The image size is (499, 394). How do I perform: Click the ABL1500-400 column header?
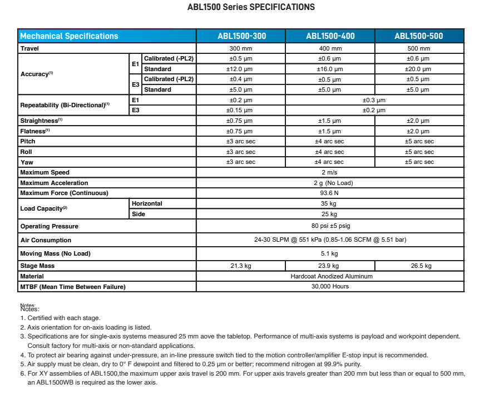330,36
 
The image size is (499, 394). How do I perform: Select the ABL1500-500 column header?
419,36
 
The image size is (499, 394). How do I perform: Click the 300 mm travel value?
241,48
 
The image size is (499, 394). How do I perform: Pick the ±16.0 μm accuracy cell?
330,69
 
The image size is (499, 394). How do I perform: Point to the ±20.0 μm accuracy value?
419,69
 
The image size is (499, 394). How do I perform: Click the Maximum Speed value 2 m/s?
330,172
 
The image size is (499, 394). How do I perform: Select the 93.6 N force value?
330,193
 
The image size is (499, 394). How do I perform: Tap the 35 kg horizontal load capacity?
330,203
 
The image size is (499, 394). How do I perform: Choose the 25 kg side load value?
330,214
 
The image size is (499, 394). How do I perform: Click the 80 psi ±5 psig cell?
330,226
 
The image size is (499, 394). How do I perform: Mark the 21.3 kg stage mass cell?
241,266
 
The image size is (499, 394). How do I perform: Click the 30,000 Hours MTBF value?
330,287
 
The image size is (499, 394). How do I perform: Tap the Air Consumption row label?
46,240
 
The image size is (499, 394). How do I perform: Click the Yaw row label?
26,162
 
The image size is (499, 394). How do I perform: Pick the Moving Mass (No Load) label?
55,253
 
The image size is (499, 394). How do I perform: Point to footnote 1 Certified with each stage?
62,318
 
